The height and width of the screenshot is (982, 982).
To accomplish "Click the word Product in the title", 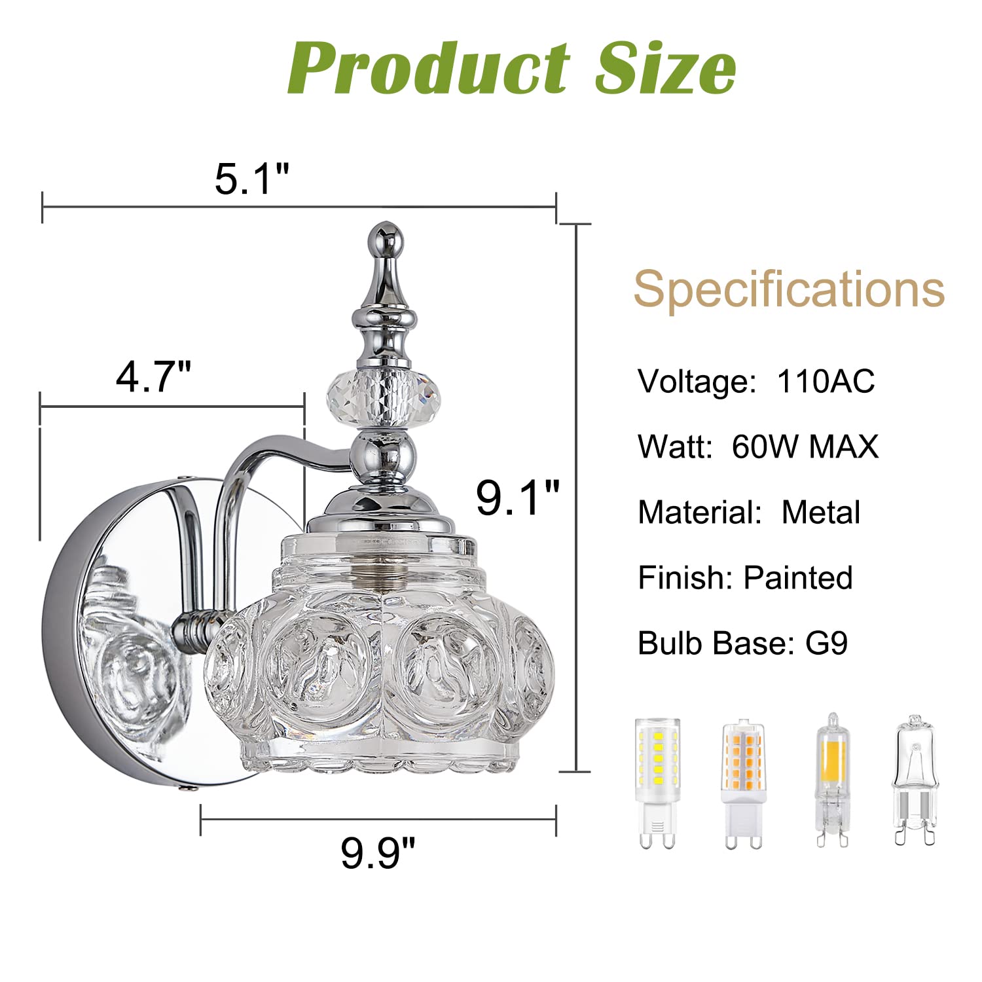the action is pyautogui.click(x=429, y=68).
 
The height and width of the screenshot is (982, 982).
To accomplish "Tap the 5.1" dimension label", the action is pyautogui.click(x=252, y=178).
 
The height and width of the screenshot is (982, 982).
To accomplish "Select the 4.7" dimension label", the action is pyautogui.click(x=153, y=376).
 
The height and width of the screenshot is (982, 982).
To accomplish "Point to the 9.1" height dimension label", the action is pyautogui.click(x=518, y=498).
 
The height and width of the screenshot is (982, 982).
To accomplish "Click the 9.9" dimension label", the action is pyautogui.click(x=378, y=852).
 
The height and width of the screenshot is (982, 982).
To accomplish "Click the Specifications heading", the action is pyautogui.click(x=789, y=289).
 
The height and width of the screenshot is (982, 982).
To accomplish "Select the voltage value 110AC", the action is pyautogui.click(x=826, y=381).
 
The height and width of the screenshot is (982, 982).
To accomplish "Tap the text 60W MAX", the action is pyautogui.click(x=805, y=447).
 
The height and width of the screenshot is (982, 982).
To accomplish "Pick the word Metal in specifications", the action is pyautogui.click(x=821, y=513).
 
